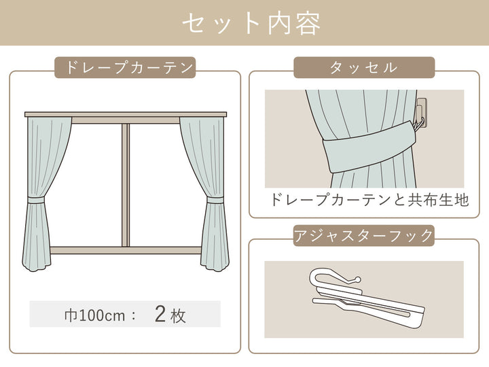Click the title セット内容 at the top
click(251, 23)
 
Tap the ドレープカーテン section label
click(125, 68)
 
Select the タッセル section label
click(364, 68)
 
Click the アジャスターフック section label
click(364, 236)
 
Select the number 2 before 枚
click(161, 314)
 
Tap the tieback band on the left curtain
click(36, 200)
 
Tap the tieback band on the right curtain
click(215, 200)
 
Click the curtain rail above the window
click(126, 113)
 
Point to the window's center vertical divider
click(126, 183)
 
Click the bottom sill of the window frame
click(126, 250)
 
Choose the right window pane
click(163, 183)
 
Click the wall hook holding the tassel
click(420, 111)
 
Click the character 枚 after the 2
click(178, 315)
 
